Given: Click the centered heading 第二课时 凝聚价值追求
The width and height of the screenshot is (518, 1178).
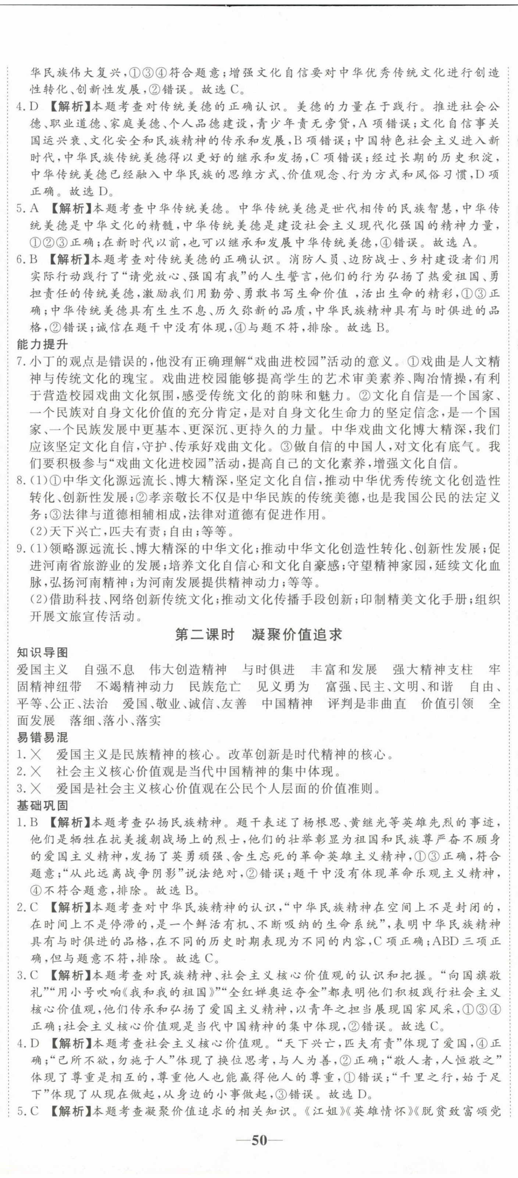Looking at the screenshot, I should [x=259, y=634].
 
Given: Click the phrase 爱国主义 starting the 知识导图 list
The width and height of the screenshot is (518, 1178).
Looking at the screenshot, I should [x=42, y=670].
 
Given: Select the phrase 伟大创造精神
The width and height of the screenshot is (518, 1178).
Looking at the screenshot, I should [x=188, y=670].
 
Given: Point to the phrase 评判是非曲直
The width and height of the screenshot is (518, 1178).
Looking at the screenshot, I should [x=367, y=703].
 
